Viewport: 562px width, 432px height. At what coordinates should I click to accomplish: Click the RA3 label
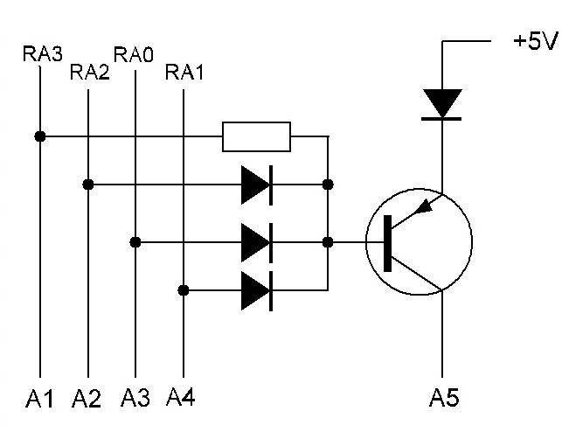(43, 53)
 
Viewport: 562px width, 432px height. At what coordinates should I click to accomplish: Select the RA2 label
(90, 72)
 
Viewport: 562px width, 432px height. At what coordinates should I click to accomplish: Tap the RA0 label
(134, 55)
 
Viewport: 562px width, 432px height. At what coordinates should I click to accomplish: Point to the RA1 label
(184, 72)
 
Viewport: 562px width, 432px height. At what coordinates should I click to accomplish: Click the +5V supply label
(536, 40)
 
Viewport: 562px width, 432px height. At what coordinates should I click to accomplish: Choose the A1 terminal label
(39, 398)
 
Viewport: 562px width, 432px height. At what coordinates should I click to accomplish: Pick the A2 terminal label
(87, 398)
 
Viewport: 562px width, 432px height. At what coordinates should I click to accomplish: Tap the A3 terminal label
(135, 398)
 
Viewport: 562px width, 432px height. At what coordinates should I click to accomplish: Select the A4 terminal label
(181, 397)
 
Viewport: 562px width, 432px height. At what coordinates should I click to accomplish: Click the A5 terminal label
(444, 398)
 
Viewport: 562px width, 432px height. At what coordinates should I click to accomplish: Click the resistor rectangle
(256, 136)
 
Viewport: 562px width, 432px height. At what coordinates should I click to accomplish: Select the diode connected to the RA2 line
(257, 185)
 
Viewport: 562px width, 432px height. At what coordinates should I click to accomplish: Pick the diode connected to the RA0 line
(257, 243)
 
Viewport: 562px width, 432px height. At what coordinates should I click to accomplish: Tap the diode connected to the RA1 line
(257, 290)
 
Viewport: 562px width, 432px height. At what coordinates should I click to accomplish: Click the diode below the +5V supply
(442, 104)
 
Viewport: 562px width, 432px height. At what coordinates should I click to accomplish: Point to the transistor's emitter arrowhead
(425, 207)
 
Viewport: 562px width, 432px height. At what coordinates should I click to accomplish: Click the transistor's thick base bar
(387, 243)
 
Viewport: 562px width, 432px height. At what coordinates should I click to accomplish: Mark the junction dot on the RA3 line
(40, 136)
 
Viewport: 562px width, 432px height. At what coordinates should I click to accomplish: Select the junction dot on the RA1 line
(184, 290)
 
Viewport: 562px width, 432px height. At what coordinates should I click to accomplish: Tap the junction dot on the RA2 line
(88, 185)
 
